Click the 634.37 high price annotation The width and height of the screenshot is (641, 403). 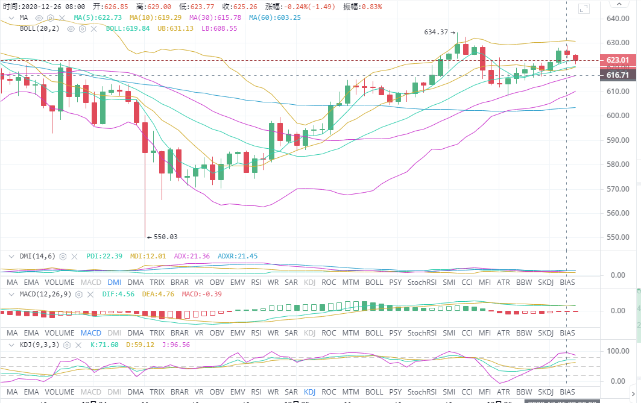(437, 32)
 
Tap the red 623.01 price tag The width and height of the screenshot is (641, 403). (617, 60)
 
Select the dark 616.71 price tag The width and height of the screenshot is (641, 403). (617, 75)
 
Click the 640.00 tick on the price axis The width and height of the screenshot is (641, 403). (617, 18)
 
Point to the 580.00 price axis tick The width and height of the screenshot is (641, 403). (617, 164)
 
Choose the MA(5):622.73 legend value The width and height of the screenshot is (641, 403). (98, 17)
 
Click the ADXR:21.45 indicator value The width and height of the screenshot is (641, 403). (238, 256)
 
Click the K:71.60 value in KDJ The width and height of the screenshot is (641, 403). (101, 345)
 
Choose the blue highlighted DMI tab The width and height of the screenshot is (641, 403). (114, 282)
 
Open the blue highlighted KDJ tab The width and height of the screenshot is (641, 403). (309, 390)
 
